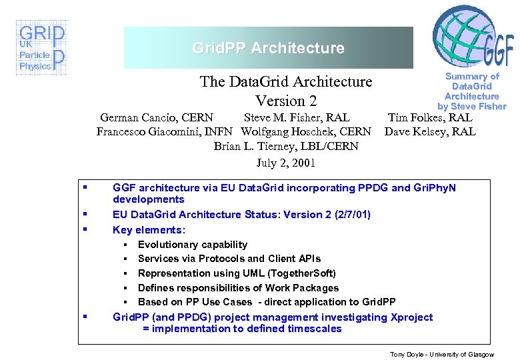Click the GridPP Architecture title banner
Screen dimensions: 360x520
click(x=268, y=48)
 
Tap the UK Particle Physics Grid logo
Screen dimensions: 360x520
click(x=41, y=49)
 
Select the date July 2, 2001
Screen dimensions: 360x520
click(x=286, y=163)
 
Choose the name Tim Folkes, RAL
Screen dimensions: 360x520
click(x=430, y=118)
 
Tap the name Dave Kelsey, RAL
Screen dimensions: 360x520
click(x=430, y=131)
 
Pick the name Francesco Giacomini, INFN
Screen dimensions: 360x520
click(x=165, y=131)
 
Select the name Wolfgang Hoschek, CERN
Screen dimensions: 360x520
click(x=306, y=131)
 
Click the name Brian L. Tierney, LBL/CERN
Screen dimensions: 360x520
click(x=286, y=146)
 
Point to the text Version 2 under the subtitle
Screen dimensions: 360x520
click(x=285, y=101)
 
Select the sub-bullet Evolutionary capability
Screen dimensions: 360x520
click(x=193, y=245)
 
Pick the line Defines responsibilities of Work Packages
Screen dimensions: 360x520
click(x=238, y=288)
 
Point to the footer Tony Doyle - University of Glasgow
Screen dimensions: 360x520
click(x=442, y=354)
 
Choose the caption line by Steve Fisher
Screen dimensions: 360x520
click(x=471, y=106)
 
